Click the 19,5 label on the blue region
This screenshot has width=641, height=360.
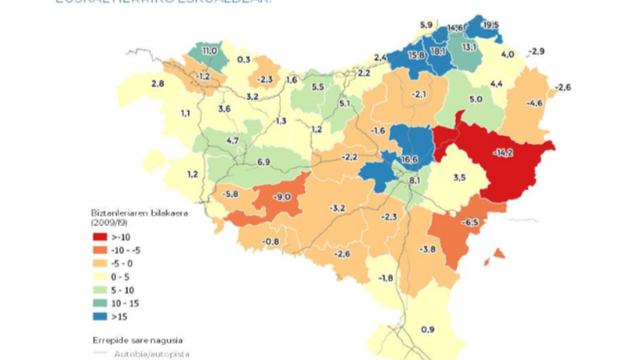pyautogui.click(x=491, y=26)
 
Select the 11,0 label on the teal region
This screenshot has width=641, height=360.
pyautogui.click(x=209, y=51)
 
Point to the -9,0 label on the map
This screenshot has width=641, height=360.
pyautogui.click(x=281, y=197)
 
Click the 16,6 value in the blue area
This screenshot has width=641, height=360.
pyautogui.click(x=410, y=160)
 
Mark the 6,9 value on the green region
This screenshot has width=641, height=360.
pyautogui.click(x=264, y=162)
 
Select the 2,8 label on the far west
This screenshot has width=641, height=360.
pyautogui.click(x=158, y=84)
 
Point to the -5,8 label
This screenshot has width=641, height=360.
pyautogui.click(x=231, y=194)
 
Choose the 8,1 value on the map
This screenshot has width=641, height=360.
pyautogui.click(x=415, y=180)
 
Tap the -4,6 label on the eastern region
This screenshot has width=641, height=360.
pyautogui.click(x=535, y=103)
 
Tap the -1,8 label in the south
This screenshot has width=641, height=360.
pyautogui.click(x=385, y=278)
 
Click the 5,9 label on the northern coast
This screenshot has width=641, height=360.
pyautogui.click(x=426, y=24)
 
